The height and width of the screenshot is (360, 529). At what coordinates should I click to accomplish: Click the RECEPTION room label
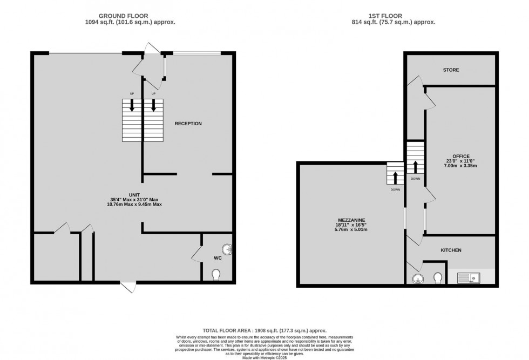tap(188, 124)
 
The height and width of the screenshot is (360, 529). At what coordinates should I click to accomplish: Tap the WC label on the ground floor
tap(218, 258)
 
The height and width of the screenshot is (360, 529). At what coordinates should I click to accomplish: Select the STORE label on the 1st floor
tap(451, 70)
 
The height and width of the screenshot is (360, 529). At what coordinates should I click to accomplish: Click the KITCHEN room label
tap(451, 250)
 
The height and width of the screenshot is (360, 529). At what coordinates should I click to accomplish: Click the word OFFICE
tap(461, 156)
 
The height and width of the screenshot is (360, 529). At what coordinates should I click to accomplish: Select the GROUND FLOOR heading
tap(123, 16)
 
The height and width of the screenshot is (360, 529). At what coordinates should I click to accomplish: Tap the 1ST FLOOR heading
tap(385, 16)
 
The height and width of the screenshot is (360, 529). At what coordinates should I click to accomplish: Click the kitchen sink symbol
tap(469, 278)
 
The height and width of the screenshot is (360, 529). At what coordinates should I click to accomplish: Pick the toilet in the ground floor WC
tap(216, 274)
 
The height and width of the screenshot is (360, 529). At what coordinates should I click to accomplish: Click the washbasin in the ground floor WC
tap(227, 249)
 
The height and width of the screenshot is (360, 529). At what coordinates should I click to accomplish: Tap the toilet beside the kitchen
tap(438, 277)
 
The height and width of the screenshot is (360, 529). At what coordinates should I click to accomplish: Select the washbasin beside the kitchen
tap(418, 279)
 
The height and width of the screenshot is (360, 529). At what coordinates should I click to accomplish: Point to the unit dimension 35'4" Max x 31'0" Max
tap(134, 200)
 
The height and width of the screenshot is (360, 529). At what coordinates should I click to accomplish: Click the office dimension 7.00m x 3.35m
tap(460, 166)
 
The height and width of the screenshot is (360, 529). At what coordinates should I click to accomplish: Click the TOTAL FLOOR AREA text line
tap(264, 331)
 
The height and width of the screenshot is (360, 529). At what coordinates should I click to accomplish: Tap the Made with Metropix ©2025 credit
tap(264, 358)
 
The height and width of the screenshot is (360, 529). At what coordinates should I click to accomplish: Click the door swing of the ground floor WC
tap(196, 254)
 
